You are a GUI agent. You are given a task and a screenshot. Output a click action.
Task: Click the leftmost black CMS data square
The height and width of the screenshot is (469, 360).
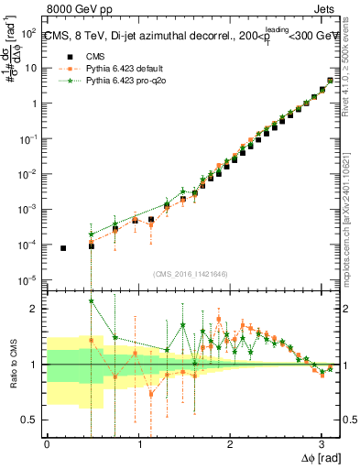pyautogui.click(x=63, y=248)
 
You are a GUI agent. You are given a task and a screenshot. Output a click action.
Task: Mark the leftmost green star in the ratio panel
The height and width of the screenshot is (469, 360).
pyautogui.click(x=91, y=300)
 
